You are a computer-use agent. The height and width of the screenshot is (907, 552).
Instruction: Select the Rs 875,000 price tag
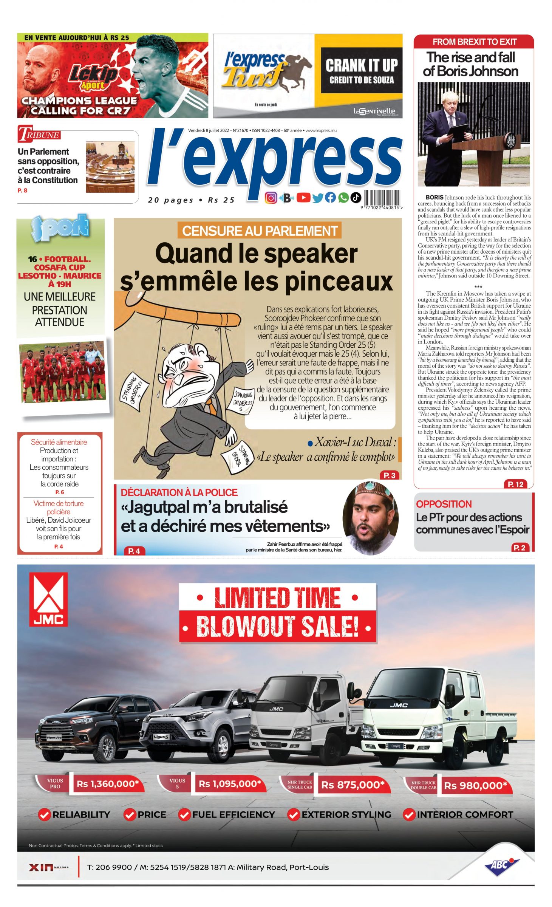click(353, 785)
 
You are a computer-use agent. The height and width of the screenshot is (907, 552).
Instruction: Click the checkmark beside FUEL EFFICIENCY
click(184, 815)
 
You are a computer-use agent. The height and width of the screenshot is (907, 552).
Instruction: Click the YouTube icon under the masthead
click(303, 197)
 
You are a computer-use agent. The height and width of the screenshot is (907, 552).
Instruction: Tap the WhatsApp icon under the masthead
click(343, 197)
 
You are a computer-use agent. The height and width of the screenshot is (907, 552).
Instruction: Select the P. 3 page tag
click(389, 475)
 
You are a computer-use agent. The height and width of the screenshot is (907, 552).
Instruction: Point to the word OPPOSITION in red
click(444, 504)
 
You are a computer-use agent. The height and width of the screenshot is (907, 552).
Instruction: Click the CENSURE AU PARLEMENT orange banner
click(260, 231)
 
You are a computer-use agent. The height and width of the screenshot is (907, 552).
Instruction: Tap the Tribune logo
click(39, 134)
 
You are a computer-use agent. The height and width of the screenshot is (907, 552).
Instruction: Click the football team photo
click(62, 371)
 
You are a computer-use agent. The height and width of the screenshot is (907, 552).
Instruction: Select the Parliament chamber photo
click(110, 167)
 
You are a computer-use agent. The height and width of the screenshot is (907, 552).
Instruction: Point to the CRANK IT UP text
click(362, 65)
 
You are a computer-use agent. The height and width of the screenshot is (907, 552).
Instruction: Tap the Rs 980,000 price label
click(475, 786)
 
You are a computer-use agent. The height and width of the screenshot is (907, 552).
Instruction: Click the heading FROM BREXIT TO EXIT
click(474, 42)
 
